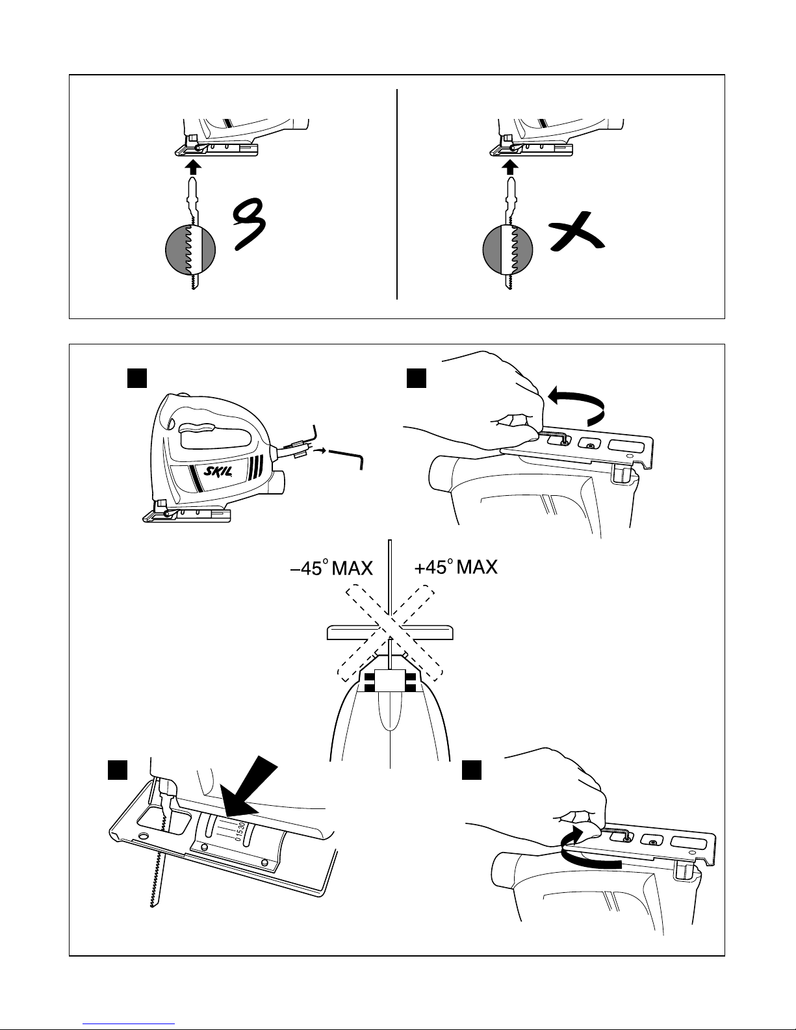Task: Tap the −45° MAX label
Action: point(331,570)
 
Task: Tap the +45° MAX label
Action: point(456,568)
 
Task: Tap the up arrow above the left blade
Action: point(193,168)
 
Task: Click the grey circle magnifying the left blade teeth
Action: point(190,250)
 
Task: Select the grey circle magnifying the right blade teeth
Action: point(508,250)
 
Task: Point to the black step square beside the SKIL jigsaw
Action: point(136,378)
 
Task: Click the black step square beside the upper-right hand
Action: point(416,378)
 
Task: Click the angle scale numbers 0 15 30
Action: point(240,831)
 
